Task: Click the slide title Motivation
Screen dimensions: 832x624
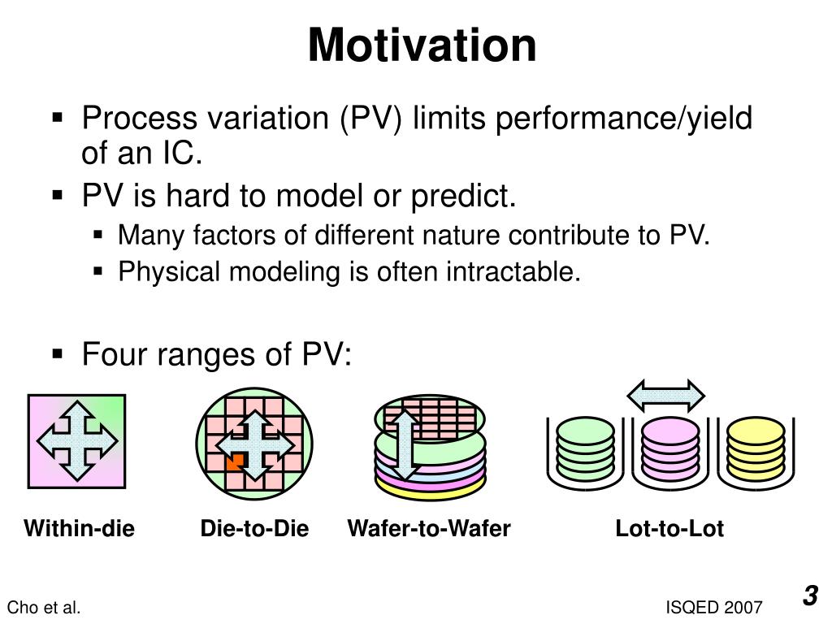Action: point(422,45)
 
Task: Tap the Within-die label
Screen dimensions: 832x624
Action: point(79,528)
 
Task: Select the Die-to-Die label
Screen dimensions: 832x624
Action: point(254,528)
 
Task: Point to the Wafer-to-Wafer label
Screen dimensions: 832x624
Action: point(429,528)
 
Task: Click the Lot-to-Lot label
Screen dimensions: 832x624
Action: point(669,528)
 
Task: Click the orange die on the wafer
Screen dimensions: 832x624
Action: point(235,461)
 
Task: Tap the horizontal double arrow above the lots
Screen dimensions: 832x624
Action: point(666,396)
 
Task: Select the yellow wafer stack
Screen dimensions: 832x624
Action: point(756,448)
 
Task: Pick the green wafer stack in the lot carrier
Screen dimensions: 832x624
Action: point(585,448)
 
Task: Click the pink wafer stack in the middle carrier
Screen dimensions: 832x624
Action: point(670,448)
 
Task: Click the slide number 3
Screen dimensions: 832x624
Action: point(810,596)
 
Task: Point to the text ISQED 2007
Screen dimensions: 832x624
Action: point(713,608)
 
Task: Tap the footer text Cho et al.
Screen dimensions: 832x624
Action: point(44,608)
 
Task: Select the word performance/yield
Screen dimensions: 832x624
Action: point(624,119)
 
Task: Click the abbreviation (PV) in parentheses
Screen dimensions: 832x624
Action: point(370,119)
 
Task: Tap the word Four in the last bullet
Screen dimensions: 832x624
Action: point(114,354)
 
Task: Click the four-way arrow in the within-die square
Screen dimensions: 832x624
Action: point(77,441)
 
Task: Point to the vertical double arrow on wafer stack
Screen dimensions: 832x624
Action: point(405,445)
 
